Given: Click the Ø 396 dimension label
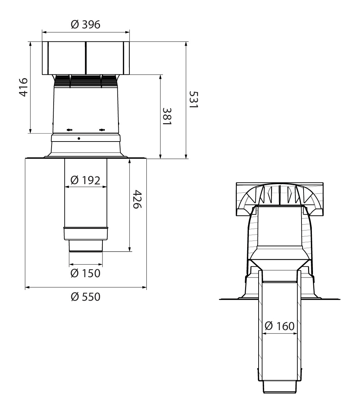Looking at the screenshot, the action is click(x=85, y=25).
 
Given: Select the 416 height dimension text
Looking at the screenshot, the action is click(x=24, y=87).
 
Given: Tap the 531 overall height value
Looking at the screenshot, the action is click(x=194, y=100).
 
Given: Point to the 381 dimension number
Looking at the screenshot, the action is click(x=167, y=116).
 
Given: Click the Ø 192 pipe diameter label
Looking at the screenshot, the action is click(x=85, y=180).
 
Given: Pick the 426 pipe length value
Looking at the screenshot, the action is click(x=137, y=199).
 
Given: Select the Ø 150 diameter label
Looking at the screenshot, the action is click(x=85, y=273).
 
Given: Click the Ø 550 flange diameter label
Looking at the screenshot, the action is click(x=85, y=297).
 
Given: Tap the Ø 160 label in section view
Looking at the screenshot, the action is click(x=280, y=326).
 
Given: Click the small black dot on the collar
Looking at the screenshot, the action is click(x=79, y=138).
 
